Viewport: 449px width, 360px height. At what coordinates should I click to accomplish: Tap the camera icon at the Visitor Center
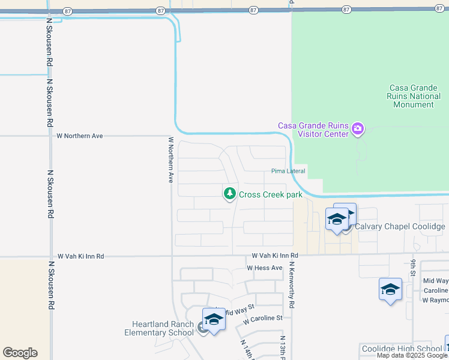pos(358,128)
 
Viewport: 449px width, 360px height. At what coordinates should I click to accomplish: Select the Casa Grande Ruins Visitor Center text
pos(313,130)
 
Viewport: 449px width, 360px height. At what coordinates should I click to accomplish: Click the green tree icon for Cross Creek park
pos(229,194)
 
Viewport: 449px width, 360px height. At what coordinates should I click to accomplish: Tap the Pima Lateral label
pos(288,171)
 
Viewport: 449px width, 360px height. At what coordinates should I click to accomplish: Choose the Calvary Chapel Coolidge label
pos(400,226)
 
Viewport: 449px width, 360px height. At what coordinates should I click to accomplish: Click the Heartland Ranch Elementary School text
pos(159,328)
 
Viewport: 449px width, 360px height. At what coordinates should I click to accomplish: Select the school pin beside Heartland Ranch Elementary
pos(213,319)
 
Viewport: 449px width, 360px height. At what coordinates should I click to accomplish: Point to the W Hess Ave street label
pos(264,268)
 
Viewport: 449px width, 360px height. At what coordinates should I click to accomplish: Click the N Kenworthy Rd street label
pos(291,285)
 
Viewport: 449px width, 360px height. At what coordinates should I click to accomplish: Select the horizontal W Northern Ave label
pos(80,136)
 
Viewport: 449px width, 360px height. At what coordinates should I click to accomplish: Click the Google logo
pos(20,353)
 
